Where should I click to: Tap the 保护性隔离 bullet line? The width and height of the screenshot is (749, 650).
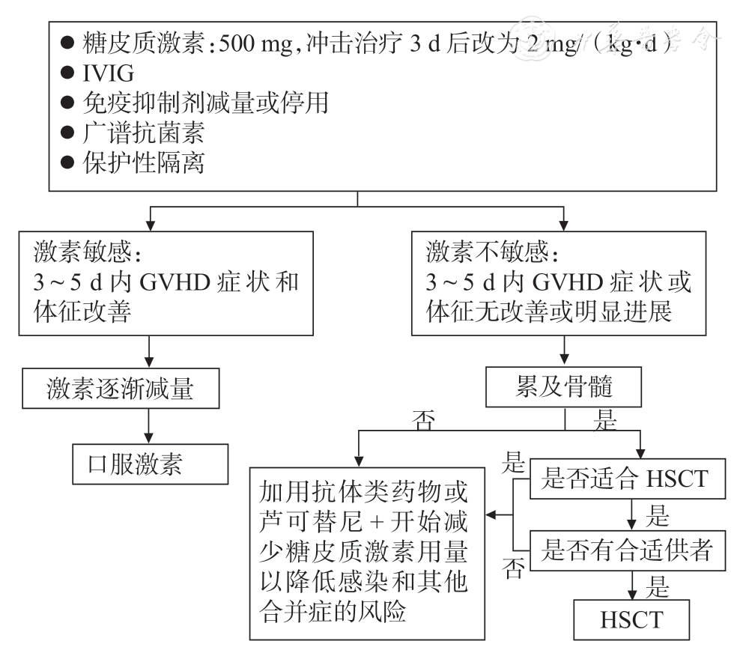pos(143,162)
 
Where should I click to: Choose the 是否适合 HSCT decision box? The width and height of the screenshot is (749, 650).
pos(627,479)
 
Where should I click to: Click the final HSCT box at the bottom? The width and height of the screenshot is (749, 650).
pos(631,620)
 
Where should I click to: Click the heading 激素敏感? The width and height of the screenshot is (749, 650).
pos(87,252)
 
